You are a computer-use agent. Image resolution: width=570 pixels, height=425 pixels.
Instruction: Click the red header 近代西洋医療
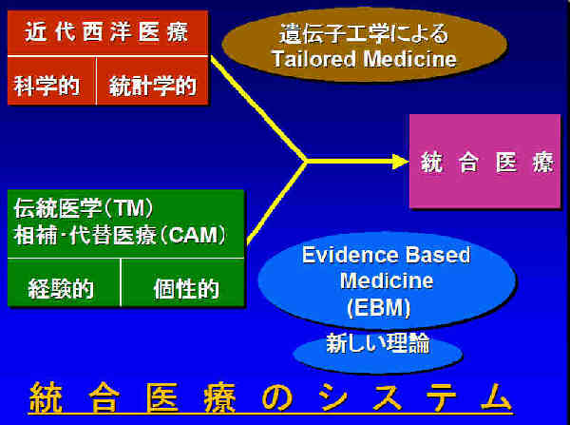click(107, 32)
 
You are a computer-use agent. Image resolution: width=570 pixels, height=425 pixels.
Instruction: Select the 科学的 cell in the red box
click(51, 81)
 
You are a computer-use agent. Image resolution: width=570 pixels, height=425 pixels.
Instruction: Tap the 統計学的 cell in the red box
click(152, 81)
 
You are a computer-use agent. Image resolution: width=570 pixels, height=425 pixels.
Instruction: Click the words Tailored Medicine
click(364, 59)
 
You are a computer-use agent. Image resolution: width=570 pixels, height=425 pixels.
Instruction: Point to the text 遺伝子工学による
click(364, 33)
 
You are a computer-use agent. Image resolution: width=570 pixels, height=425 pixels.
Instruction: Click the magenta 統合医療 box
click(484, 162)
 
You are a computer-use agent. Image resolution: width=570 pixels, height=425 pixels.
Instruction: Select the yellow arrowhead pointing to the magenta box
click(401, 162)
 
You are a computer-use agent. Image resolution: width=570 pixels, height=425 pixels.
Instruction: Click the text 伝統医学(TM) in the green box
click(84, 208)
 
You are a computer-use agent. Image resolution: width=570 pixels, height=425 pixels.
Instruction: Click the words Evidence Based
click(386, 255)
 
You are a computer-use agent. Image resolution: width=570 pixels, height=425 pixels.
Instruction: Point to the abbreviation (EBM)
click(378, 308)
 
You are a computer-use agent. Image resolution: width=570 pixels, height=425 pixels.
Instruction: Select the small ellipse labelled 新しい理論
click(377, 352)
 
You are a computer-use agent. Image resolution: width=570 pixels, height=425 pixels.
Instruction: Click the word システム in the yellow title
click(415, 397)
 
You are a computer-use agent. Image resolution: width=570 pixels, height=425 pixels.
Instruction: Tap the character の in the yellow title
click(277, 397)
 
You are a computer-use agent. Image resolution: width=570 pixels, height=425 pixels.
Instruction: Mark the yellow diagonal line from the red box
click(258, 108)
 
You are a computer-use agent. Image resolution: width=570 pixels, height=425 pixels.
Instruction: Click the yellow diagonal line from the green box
click(277, 203)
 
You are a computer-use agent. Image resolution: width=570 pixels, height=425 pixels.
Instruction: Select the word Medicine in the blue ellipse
click(387, 280)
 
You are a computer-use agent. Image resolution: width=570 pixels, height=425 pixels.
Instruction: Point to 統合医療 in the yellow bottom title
click(133, 397)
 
